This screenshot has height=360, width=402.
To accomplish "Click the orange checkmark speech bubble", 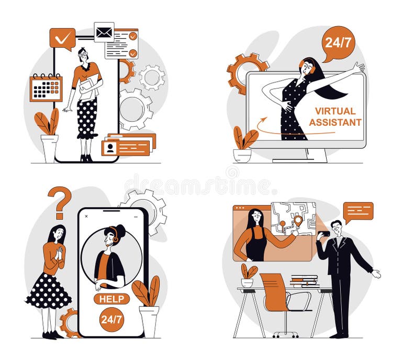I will point(62,38).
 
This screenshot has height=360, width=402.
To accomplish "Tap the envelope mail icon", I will point(104,32).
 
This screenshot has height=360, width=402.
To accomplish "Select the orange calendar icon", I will point(46,88).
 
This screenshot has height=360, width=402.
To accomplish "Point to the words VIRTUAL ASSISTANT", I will point(335,117).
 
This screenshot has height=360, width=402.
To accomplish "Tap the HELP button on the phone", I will point(112,299).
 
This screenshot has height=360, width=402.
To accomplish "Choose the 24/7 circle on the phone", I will point(111,320).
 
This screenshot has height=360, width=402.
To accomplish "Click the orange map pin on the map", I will point(298,221).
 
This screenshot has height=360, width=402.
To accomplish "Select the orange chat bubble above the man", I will point(359,210).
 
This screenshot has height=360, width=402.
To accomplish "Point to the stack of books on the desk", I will point(304,281).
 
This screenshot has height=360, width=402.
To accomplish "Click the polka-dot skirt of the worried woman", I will point(49,291).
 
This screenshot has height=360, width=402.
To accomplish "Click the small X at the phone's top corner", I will point(86,215).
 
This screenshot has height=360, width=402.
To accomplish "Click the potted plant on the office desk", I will point(248,275).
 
